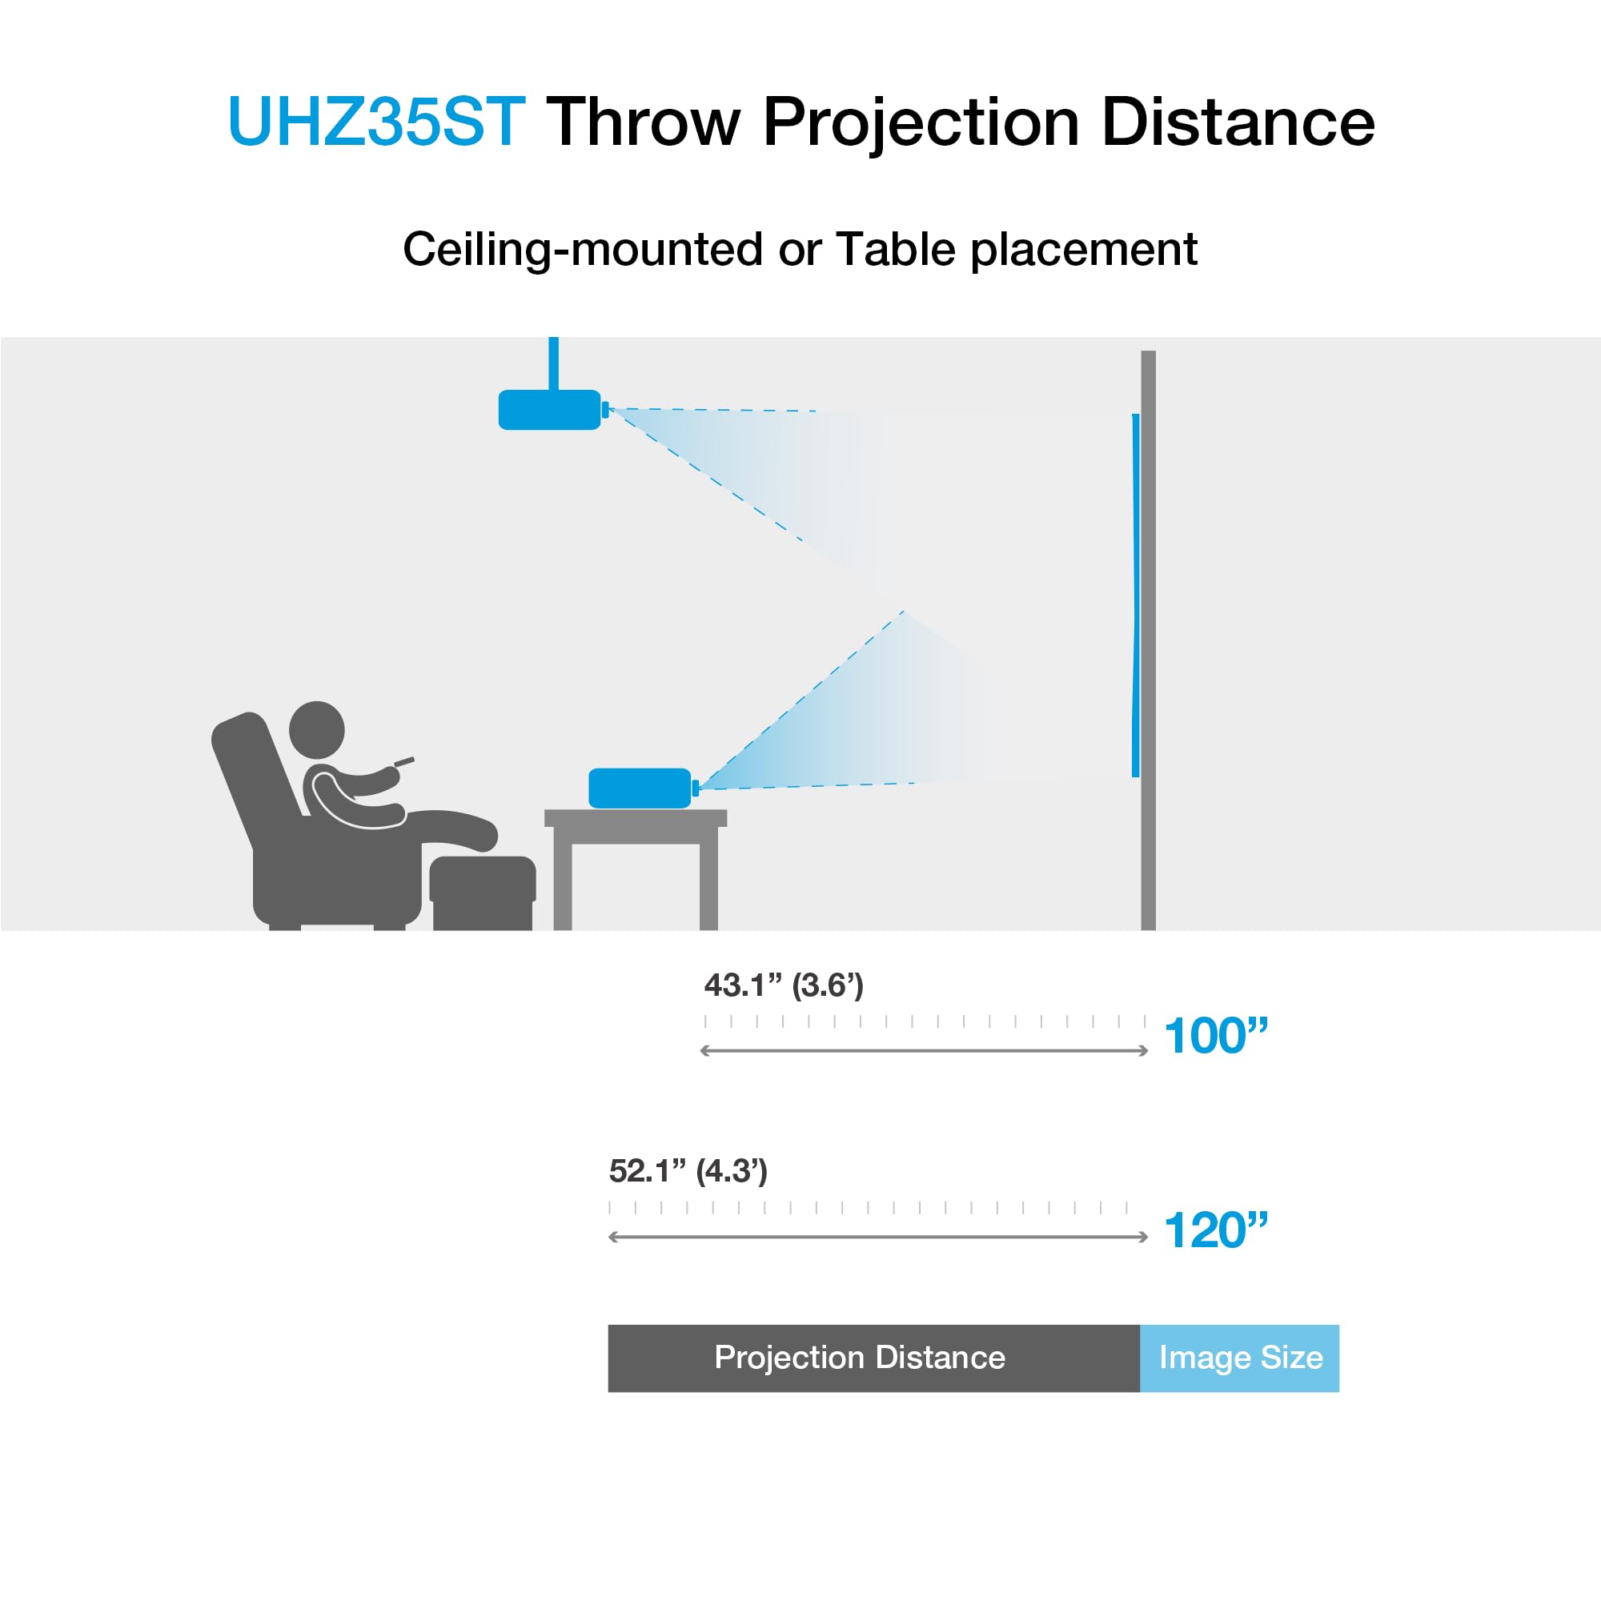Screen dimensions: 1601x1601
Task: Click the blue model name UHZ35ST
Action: click(x=376, y=122)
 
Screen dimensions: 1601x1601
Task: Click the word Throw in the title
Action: click(x=642, y=122)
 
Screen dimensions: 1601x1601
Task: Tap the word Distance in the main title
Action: click(x=1238, y=122)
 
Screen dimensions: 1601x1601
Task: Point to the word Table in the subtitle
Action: click(x=895, y=249)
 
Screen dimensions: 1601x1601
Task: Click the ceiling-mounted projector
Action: click(x=549, y=409)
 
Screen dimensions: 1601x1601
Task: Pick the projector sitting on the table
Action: click(x=640, y=787)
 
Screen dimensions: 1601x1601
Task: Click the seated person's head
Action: click(x=316, y=728)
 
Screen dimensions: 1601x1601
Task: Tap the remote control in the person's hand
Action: click(x=403, y=760)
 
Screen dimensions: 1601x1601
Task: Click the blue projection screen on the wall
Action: click(x=1135, y=595)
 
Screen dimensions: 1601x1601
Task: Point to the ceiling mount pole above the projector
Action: click(x=554, y=362)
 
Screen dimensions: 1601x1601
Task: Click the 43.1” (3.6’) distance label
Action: click(x=783, y=985)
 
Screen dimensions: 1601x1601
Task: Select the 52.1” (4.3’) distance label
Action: click(x=688, y=1171)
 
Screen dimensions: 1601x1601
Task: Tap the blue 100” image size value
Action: click(x=1216, y=1036)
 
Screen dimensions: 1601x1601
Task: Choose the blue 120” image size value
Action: click(x=1216, y=1230)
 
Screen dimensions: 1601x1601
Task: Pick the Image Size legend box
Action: click(x=1240, y=1358)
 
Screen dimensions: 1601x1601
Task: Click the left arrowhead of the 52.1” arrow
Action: click(x=614, y=1238)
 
